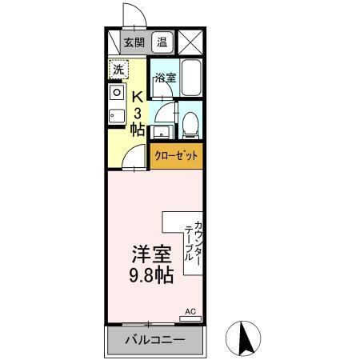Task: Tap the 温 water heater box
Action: (x=162, y=43)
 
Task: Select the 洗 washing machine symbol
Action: (x=118, y=70)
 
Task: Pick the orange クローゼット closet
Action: (x=175, y=157)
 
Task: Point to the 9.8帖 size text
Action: (x=152, y=276)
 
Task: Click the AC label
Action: (x=190, y=311)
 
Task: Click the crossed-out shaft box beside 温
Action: (x=190, y=43)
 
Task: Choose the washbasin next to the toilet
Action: (x=161, y=131)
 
